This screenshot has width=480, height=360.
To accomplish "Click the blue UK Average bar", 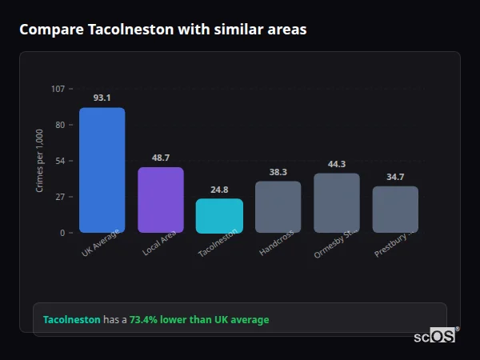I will [x=102, y=170].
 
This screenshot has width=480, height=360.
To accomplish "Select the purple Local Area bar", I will [x=161, y=200].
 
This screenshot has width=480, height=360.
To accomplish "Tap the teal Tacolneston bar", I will [x=219, y=216].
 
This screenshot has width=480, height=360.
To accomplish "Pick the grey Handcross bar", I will [x=278, y=206].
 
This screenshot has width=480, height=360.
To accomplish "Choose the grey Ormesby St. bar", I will [x=337, y=202].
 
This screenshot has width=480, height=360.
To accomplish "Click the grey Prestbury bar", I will [x=395, y=210].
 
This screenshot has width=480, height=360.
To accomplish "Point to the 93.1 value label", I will [x=102, y=98].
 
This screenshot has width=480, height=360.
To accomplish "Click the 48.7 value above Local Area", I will [x=161, y=158].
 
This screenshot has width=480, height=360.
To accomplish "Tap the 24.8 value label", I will [x=219, y=190].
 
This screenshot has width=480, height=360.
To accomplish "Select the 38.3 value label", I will [x=278, y=171].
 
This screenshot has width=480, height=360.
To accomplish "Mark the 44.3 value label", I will [x=337, y=164].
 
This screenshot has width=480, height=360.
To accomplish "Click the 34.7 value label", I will [x=395, y=177].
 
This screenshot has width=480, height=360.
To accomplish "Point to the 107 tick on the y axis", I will [x=58, y=89].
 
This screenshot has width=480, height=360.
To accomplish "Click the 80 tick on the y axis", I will [x=60, y=125].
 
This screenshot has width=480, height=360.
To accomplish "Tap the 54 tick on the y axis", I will [x=60, y=161].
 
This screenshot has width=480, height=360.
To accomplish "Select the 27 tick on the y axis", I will [x=60, y=197].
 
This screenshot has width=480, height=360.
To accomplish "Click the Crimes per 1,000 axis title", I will [x=40, y=161].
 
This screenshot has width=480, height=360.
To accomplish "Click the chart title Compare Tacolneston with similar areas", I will [x=162, y=30].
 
